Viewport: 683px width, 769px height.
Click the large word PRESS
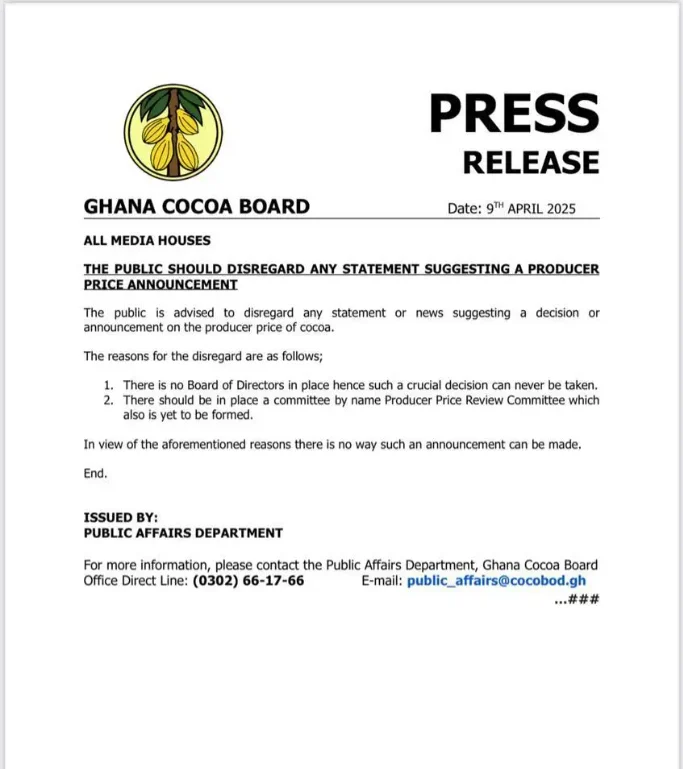514,113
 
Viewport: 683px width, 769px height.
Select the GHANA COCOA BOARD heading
197,207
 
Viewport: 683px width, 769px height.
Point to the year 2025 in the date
557,209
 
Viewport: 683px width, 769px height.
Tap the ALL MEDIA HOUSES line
147,240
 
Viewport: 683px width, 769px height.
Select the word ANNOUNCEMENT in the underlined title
174,285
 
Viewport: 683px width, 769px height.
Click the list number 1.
109,385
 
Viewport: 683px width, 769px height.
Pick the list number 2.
109,400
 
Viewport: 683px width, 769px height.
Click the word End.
95,473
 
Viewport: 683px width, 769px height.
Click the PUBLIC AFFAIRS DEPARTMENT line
183,533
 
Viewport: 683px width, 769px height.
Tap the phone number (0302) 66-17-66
249,581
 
